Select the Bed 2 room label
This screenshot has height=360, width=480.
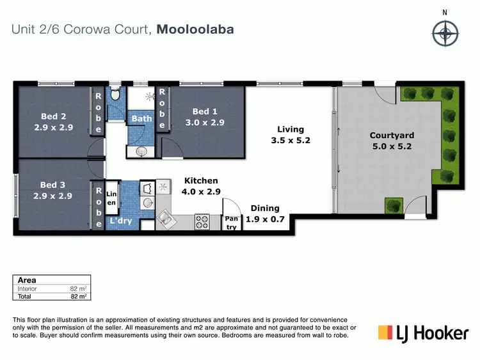click(54, 121)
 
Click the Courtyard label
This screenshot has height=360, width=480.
click(392, 140)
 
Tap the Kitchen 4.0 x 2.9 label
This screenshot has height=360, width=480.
click(201, 186)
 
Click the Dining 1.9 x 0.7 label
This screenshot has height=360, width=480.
click(265, 213)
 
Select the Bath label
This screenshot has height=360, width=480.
click(141, 118)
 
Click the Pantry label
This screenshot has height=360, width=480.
click(231, 223)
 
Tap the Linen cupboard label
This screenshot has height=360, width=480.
click(111, 198)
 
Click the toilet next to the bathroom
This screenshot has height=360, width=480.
click(115, 95)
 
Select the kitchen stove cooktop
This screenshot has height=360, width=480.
click(202, 222)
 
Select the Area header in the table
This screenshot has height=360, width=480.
click(27, 280)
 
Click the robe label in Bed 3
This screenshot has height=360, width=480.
click(98, 206)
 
